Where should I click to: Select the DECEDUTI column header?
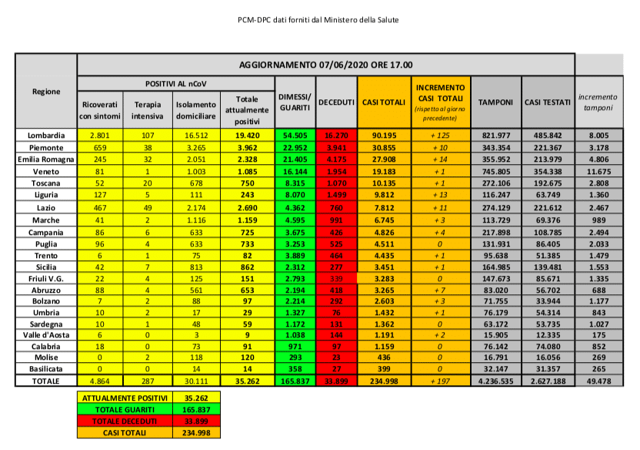click(x=336, y=102)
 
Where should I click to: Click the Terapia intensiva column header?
click(x=147, y=109)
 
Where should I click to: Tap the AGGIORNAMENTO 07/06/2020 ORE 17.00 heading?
click(x=325, y=65)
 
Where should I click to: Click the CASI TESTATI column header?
click(x=547, y=102)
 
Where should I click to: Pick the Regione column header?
click(x=46, y=92)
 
